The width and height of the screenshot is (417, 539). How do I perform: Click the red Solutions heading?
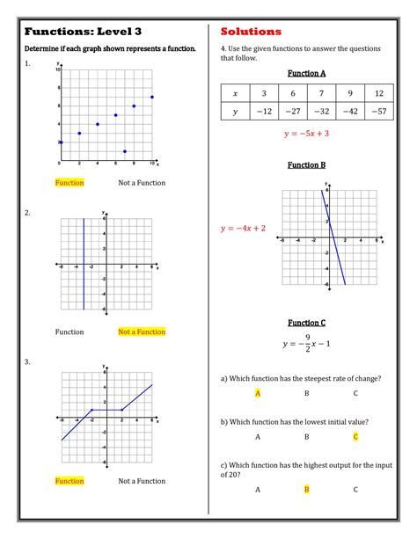(251, 32)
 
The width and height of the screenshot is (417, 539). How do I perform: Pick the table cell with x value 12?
(377, 92)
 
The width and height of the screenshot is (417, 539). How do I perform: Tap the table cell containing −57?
(377, 112)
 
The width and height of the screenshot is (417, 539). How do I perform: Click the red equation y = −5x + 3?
(306, 134)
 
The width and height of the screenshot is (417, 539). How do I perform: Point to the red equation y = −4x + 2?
(244, 229)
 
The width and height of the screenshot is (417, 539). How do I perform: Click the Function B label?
(307, 165)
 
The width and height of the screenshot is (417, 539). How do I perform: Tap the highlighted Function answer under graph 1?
(69, 183)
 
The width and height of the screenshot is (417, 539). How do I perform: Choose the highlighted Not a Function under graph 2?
(142, 332)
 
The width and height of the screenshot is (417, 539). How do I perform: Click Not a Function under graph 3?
(142, 481)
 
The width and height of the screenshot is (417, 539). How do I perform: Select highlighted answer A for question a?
(258, 393)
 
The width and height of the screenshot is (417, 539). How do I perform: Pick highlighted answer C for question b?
(355, 436)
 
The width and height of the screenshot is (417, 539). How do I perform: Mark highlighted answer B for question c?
(306, 489)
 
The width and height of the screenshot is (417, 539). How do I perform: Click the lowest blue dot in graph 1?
(125, 151)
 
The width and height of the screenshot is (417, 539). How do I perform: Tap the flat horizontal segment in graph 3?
(106, 409)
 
